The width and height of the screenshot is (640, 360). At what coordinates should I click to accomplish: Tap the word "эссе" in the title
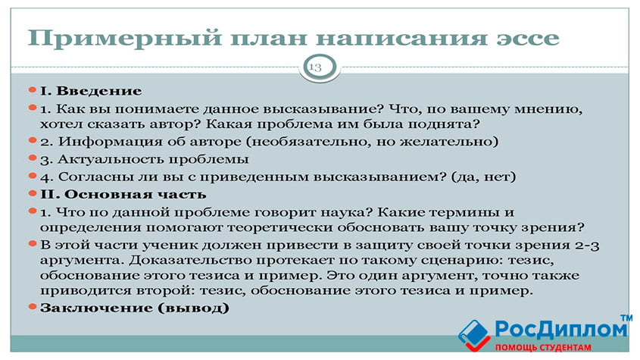[527, 39]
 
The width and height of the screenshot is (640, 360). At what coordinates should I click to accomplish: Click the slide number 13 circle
[320, 67]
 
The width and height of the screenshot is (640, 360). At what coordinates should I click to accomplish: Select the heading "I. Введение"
[91, 91]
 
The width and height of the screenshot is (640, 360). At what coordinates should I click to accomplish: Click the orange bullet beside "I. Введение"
[33, 90]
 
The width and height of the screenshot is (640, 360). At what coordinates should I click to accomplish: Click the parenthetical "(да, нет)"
[484, 177]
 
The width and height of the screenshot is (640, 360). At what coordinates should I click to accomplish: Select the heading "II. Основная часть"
[123, 195]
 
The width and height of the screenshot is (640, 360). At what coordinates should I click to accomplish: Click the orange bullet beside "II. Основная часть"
[33, 193]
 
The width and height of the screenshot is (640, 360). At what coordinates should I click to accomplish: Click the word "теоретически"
[280, 227]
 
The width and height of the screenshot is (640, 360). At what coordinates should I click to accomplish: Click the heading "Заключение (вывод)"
[134, 308]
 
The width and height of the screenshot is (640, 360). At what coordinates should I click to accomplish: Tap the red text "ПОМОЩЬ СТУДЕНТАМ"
[543, 348]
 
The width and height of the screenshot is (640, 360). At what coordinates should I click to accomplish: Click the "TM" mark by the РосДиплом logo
[626, 318]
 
